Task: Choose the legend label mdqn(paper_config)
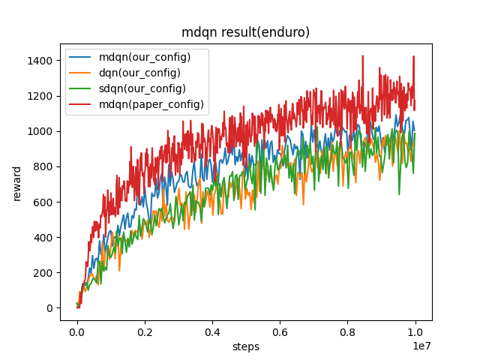(x=151, y=104)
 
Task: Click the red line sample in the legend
(x=82, y=104)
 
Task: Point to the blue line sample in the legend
(x=82, y=58)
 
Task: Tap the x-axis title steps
(x=246, y=346)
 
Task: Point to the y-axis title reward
(x=16, y=183)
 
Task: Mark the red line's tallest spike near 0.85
(x=363, y=56)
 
